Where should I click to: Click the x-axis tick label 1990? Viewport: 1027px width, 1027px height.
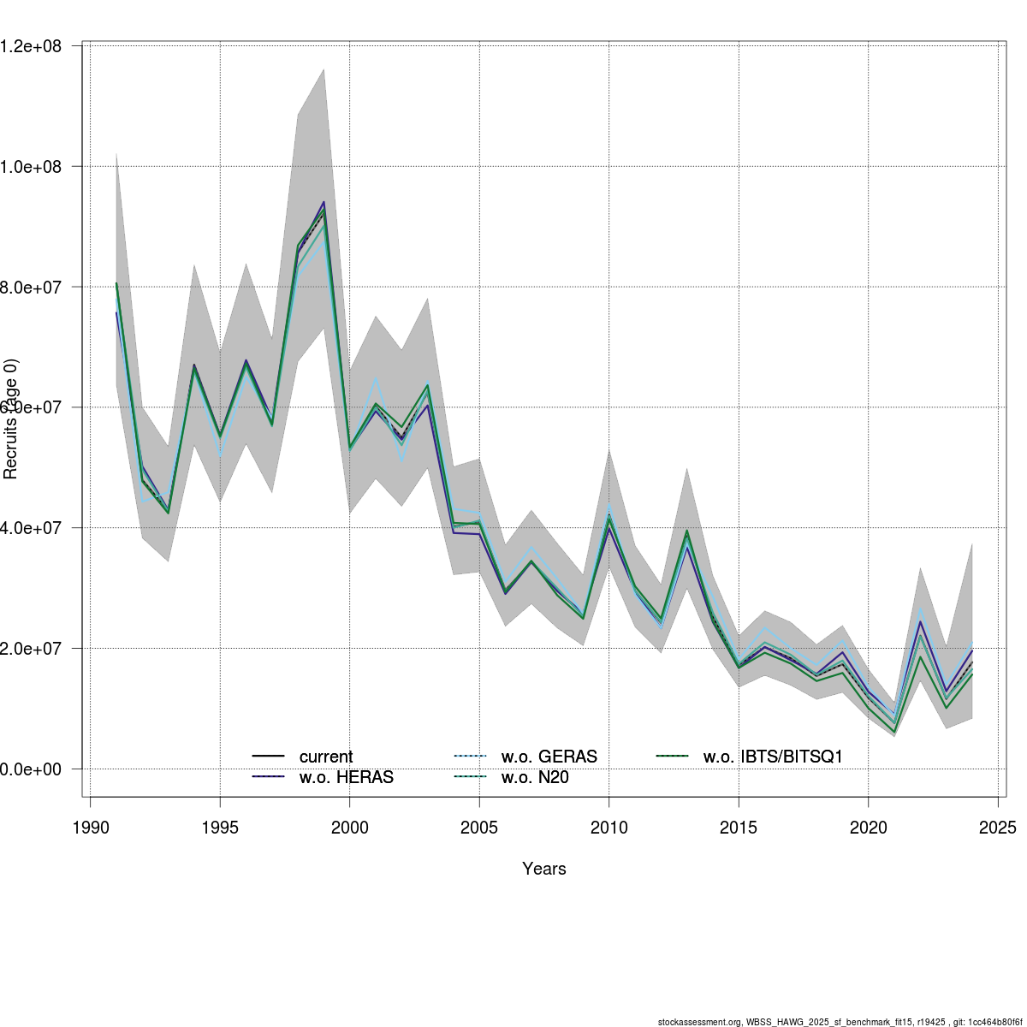click(x=91, y=828)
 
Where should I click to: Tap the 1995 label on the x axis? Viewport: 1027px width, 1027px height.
click(x=220, y=828)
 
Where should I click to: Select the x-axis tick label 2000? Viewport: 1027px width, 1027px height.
click(x=349, y=828)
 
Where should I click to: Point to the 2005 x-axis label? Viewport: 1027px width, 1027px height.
click(x=479, y=828)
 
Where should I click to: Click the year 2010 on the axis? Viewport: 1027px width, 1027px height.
click(x=608, y=828)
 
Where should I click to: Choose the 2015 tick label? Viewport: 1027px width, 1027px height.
click(x=739, y=828)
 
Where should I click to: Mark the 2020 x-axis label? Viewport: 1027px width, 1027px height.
click(x=868, y=828)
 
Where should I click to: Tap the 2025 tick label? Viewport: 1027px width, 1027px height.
click(x=998, y=828)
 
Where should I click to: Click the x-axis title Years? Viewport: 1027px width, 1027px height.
click(x=544, y=869)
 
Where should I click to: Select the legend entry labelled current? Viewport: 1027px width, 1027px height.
click(x=325, y=757)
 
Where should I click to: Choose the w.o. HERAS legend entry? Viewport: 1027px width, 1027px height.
click(x=346, y=777)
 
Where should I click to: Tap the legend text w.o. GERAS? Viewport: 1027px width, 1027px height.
click(x=549, y=757)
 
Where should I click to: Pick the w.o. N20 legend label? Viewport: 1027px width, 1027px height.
click(x=535, y=777)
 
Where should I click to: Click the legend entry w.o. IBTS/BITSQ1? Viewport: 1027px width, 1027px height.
click(x=773, y=757)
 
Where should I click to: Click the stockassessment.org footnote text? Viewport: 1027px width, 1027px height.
click(x=839, y=1021)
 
